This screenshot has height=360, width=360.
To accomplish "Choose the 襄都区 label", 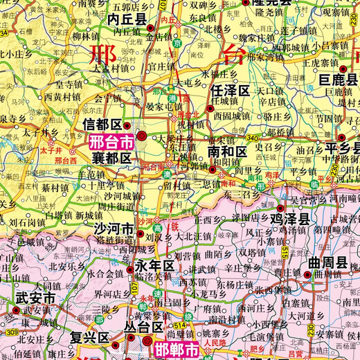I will pyautogui.click(x=111, y=159).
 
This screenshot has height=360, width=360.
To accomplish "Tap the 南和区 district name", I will pyautogui.click(x=227, y=151).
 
